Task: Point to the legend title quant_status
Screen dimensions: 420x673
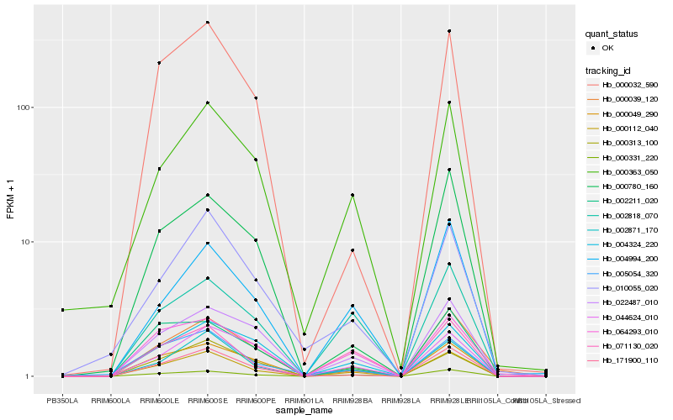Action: [612, 34]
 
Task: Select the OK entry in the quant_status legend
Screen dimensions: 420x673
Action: [607, 48]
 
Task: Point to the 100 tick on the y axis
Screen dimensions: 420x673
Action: [22, 108]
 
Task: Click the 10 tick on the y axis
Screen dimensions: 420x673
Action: [24, 242]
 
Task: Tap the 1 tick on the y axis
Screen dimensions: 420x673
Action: [27, 376]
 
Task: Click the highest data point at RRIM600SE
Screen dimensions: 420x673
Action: [208, 23]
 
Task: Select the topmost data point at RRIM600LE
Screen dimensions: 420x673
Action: [159, 63]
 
